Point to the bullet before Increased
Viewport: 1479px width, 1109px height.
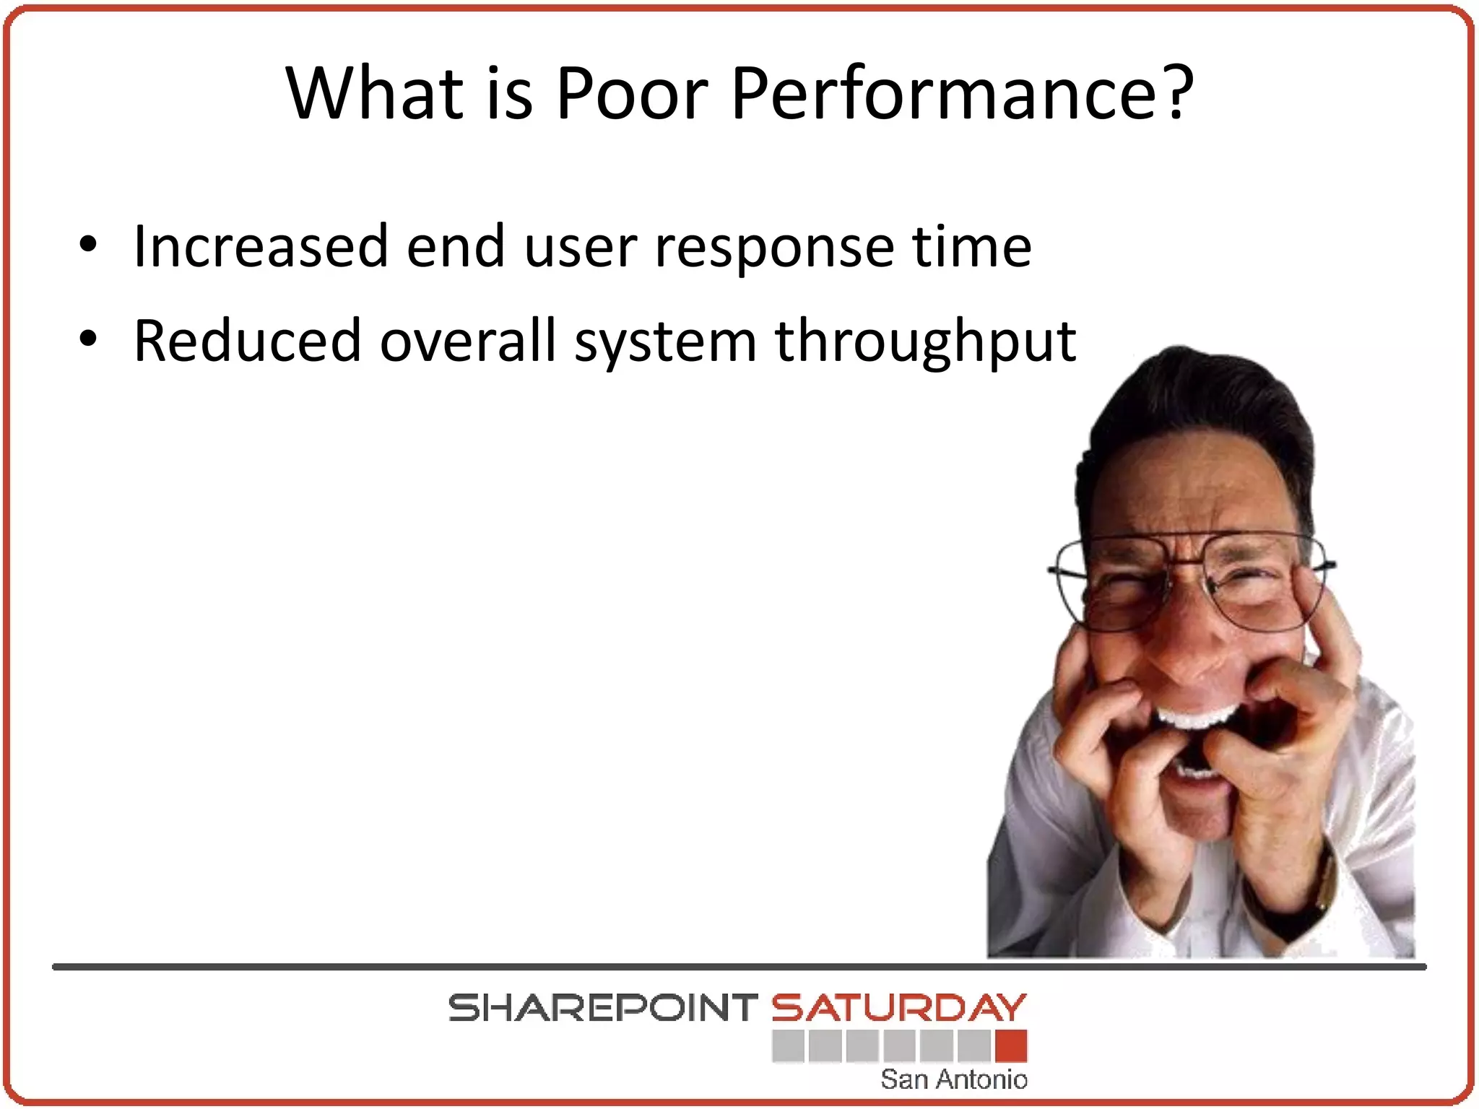(x=87, y=245)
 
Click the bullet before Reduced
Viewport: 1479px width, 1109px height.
(x=87, y=339)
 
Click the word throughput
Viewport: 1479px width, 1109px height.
(x=926, y=342)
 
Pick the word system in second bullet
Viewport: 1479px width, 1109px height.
(x=665, y=342)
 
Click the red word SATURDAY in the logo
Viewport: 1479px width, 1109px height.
(x=898, y=1008)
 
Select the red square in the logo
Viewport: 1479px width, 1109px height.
(x=1011, y=1045)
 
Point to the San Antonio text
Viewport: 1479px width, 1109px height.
(x=953, y=1079)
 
